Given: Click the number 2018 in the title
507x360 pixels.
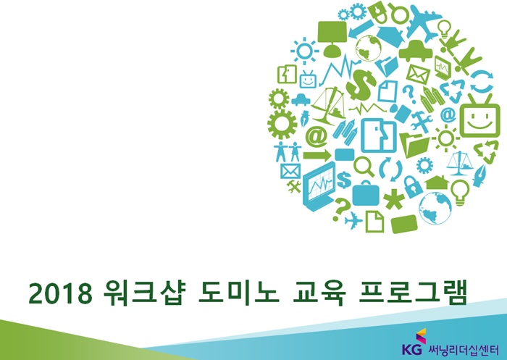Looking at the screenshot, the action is click(60, 293).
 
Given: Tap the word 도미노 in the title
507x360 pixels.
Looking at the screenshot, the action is click(238, 293).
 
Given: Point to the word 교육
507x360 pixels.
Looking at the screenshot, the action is click(319, 293).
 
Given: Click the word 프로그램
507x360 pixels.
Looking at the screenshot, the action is click(413, 293).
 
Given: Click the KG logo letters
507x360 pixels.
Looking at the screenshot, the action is click(411, 349).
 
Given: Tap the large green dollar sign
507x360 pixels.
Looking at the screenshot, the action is click(360, 85).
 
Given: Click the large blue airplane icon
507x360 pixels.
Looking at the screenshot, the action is click(423, 22).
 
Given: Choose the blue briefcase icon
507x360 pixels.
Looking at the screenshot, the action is click(365, 193).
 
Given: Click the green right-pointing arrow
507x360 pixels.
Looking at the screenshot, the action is click(317, 156).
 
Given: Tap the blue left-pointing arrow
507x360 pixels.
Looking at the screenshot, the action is click(361, 28).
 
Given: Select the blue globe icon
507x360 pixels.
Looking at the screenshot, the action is click(435, 209).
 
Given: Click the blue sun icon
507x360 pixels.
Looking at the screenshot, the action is click(304, 51).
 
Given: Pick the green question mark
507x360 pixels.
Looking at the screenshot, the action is click(340, 209).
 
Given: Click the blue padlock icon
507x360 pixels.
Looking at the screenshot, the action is click(413, 187).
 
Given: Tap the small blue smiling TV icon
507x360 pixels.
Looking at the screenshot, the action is click(308, 79).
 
